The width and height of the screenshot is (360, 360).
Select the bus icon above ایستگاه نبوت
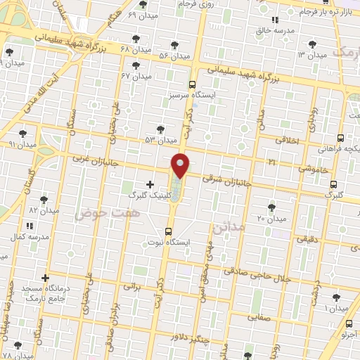click(168, 231)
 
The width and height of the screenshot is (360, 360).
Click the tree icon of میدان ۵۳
click(160, 129)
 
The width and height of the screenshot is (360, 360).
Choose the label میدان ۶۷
click(135, 75)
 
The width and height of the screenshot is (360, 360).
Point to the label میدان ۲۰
click(271, 218)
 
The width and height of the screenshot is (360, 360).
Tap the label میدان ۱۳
click(311, 54)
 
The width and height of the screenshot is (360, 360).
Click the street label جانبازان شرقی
click(221, 181)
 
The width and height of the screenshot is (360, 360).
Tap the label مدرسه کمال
click(29, 237)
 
